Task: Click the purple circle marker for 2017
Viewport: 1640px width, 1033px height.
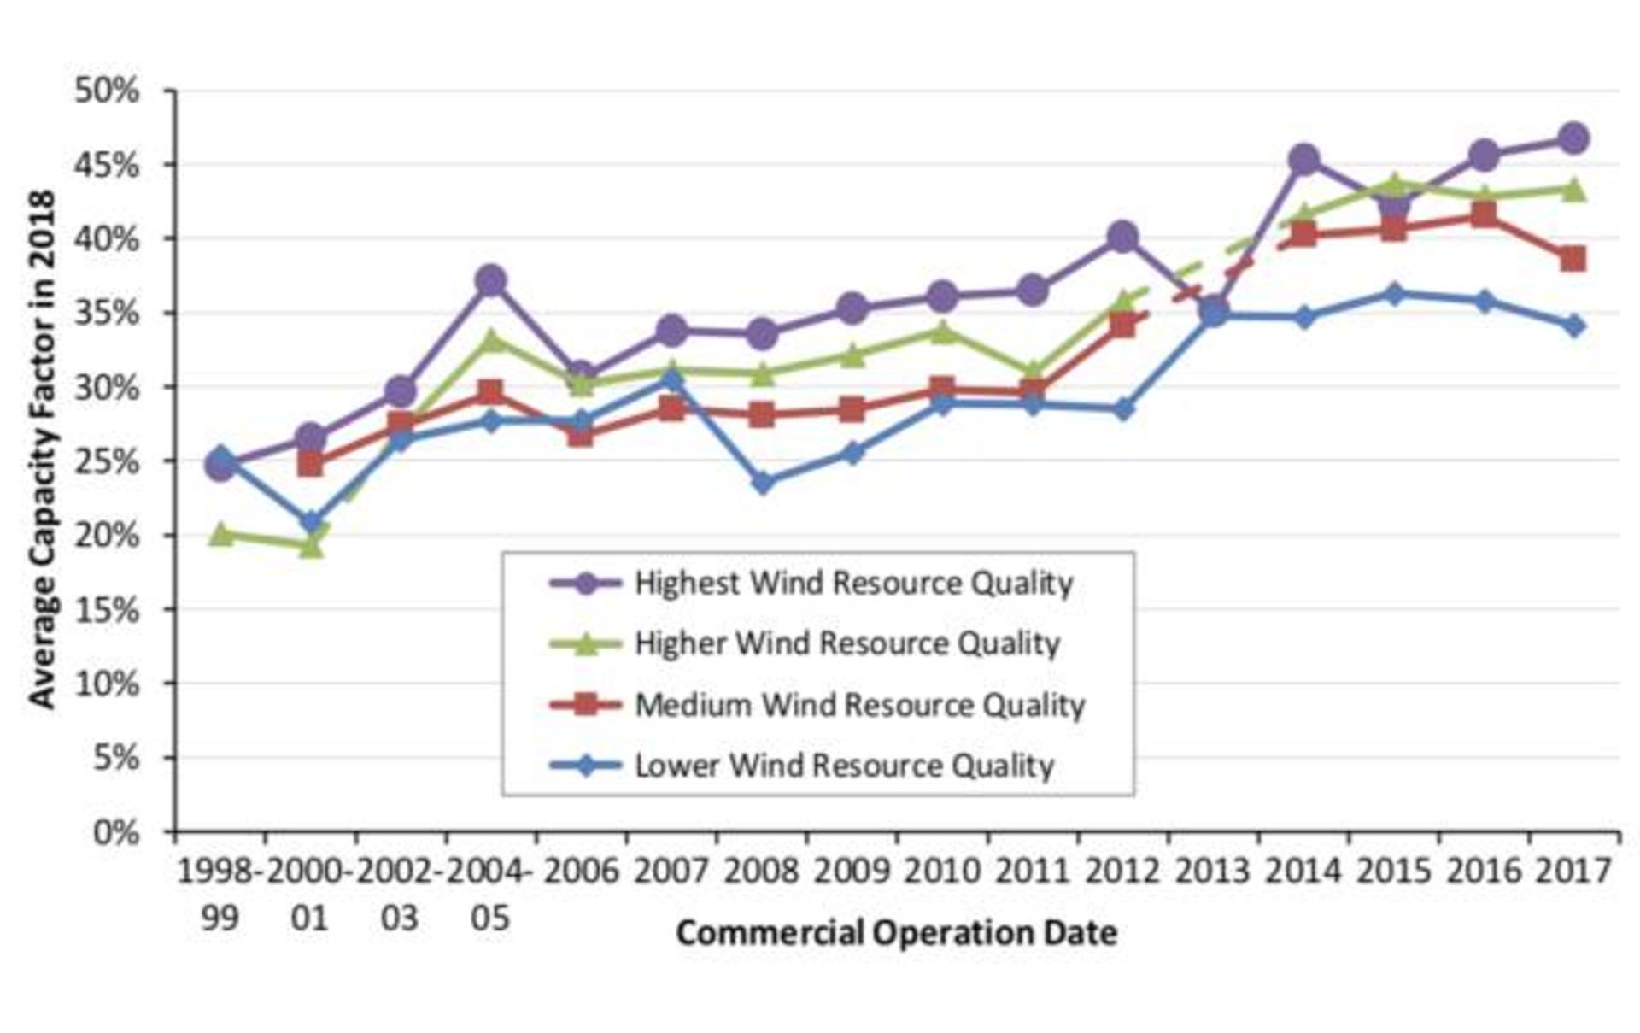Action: click(1573, 138)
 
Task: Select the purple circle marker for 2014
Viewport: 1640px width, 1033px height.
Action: click(1303, 160)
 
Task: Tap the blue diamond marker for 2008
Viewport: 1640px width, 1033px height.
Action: click(763, 483)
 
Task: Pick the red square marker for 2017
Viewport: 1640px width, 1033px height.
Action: click(1573, 259)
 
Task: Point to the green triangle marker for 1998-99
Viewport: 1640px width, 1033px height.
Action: click(220, 535)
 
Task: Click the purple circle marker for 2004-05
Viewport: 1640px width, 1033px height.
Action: click(491, 280)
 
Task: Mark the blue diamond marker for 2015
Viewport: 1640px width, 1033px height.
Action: click(1394, 295)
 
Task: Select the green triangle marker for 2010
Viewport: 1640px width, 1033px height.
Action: click(942, 332)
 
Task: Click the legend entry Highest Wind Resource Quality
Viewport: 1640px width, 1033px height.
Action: click(853, 584)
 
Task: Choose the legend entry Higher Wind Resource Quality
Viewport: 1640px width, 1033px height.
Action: click(846, 643)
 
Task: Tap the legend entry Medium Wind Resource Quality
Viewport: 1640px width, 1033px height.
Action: click(859, 705)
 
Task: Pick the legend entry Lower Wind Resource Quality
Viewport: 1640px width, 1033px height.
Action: click(844, 766)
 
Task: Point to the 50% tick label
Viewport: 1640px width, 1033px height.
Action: click(107, 91)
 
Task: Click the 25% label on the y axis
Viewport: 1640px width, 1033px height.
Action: click(107, 461)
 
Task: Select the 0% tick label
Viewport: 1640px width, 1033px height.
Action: click(116, 832)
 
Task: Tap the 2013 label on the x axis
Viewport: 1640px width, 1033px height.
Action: click(1213, 872)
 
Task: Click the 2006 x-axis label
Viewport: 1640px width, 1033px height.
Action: click(581, 872)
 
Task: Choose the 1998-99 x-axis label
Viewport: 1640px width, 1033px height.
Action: click(220, 894)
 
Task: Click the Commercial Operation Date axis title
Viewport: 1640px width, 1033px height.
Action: click(896, 932)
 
